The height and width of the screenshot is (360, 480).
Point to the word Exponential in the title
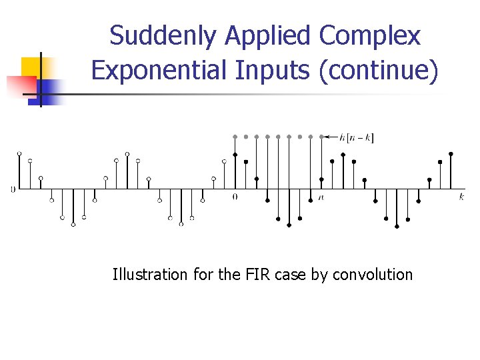157,70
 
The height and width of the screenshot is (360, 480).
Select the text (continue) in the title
379,70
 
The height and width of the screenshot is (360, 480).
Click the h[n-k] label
357,138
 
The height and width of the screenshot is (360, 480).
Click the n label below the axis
321,197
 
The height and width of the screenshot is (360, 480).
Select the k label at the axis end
461,197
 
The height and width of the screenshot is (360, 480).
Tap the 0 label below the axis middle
235,197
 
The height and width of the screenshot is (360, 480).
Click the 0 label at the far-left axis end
13,189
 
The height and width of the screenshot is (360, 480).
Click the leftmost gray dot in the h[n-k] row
235,137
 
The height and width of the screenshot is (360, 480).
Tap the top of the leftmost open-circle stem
19,154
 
